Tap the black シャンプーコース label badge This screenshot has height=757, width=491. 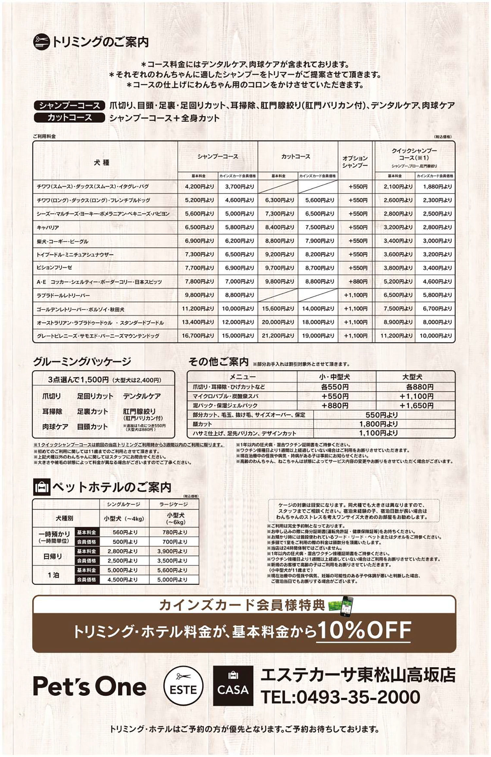[x=69, y=106]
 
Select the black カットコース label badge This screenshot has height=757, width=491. [x=69, y=118]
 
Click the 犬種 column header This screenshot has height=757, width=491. [x=101, y=163]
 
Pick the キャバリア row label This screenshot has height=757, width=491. [x=48, y=227]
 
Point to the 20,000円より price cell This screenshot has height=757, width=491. [x=278, y=322]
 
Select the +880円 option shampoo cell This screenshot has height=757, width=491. [x=358, y=281]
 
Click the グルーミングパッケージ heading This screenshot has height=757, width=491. [x=82, y=362]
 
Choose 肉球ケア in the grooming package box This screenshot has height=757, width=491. [x=55, y=427]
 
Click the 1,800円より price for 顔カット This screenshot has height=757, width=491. [x=378, y=424]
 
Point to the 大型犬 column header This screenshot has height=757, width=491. [x=412, y=377]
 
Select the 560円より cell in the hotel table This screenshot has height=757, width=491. [x=123, y=532]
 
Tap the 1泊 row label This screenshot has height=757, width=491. [x=53, y=575]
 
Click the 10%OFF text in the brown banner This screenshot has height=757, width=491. [x=364, y=630]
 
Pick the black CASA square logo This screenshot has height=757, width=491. [x=233, y=686]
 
